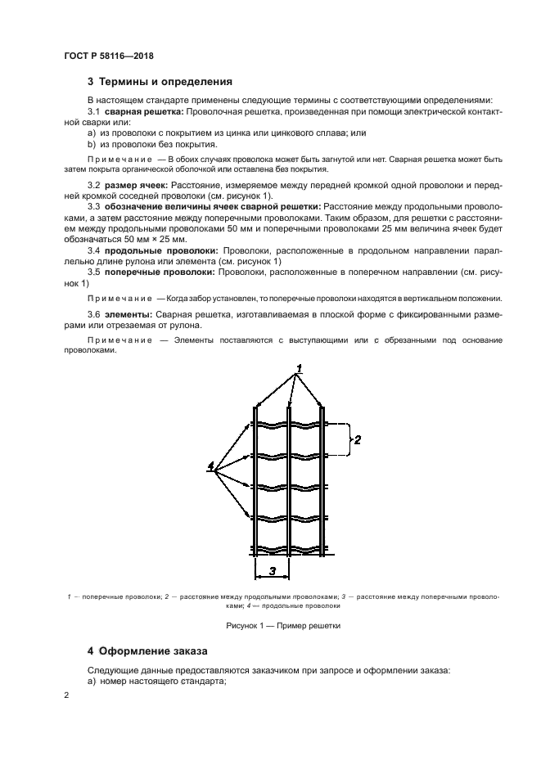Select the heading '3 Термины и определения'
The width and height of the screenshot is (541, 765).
click(160, 82)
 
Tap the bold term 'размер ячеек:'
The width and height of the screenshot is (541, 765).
click(137, 186)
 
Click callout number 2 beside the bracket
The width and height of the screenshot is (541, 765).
click(357, 439)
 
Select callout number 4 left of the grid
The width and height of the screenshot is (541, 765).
click(210, 466)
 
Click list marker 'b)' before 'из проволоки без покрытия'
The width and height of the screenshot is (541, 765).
click(92, 142)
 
